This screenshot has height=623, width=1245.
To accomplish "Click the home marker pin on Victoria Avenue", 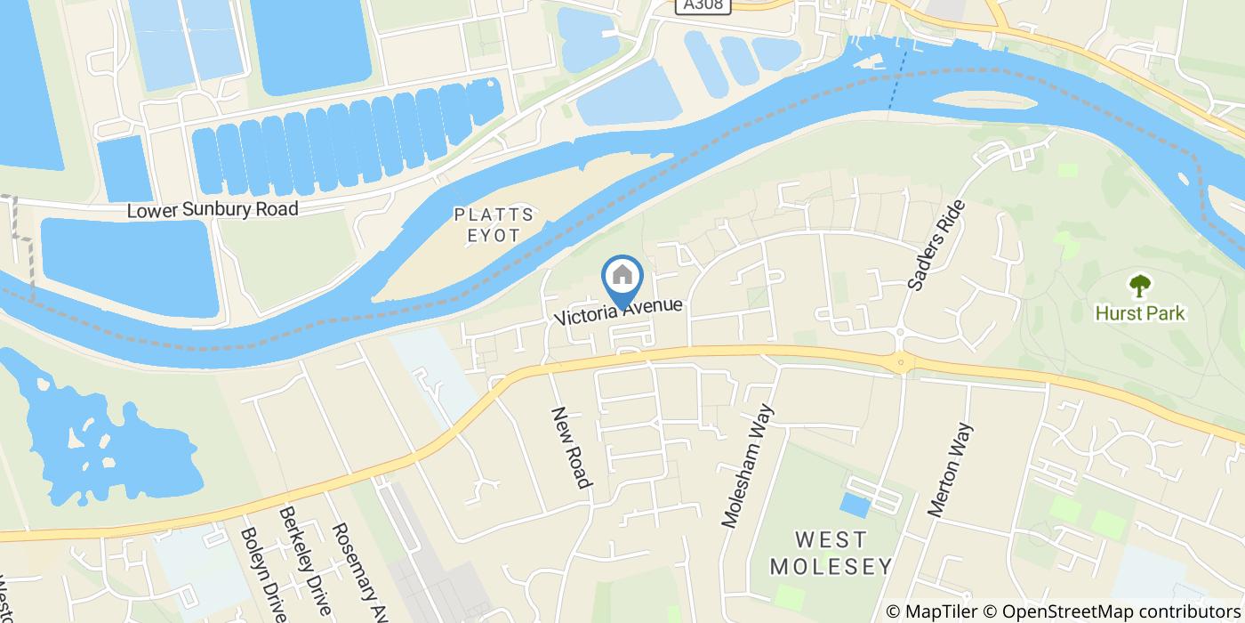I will point(622,277).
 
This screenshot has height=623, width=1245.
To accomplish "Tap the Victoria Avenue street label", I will point(620,311).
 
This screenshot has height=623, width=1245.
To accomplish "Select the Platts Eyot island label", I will point(494,225).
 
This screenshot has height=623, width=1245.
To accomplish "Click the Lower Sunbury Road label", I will point(213,210).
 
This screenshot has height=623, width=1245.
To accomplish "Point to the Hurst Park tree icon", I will point(1139,286).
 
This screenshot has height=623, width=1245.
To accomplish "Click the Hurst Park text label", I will point(1140,313).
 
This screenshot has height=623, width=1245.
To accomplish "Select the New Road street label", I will point(572,448).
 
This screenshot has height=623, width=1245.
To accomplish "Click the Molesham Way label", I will point(749,465).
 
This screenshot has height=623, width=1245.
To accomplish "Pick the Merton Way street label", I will point(951,470).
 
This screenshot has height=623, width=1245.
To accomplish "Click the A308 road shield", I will point(703,6).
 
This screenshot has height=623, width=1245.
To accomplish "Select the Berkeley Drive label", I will point(305,561).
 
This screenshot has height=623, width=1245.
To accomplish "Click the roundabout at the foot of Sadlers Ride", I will point(902,360).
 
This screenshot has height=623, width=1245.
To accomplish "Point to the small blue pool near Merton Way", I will point(855,505).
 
